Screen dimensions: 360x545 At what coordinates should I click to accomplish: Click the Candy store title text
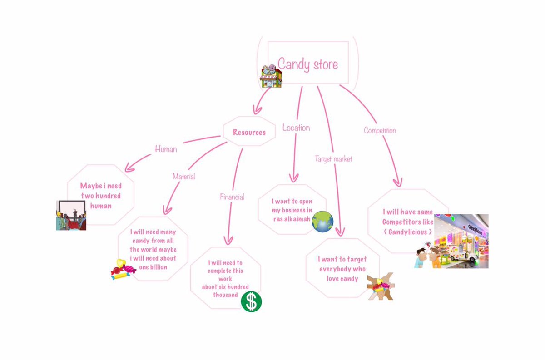[307, 64]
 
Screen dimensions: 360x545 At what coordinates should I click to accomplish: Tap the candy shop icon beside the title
[271, 76]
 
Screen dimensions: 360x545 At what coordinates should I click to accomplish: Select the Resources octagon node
[249, 133]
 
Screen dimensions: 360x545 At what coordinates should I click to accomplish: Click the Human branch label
[166, 148]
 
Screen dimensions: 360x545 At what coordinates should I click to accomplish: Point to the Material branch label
[183, 176]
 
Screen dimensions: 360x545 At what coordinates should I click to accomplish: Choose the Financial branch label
[232, 197]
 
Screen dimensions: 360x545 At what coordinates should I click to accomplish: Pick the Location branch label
[296, 128]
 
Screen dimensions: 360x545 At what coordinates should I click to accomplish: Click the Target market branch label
[333, 159]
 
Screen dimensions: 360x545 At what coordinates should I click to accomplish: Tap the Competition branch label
[380, 131]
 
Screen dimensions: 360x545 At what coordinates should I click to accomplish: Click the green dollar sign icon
[251, 301]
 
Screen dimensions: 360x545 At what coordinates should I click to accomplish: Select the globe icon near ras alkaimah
[323, 222]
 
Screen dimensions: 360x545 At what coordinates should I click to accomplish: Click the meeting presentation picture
[71, 215]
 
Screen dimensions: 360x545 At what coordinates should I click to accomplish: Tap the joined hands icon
[381, 286]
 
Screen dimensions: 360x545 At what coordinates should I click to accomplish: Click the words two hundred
[101, 196]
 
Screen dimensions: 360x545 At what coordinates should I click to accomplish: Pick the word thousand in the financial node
[226, 295]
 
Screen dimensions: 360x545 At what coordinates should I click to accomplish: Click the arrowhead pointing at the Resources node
[257, 109]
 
